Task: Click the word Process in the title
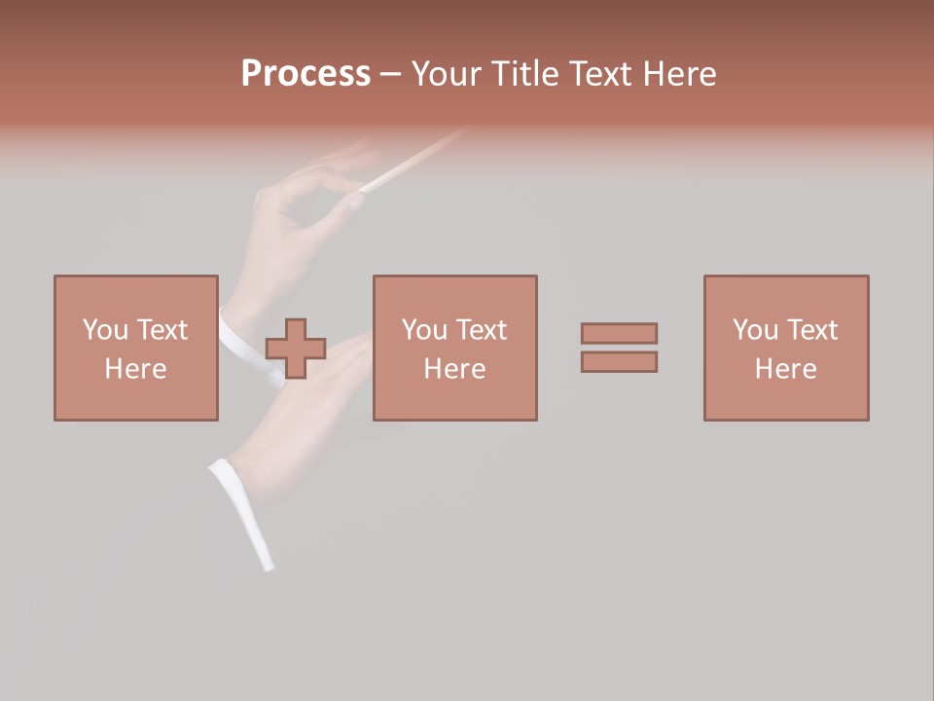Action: click(x=305, y=74)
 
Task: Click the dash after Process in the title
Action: click(x=390, y=75)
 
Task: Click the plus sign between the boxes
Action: click(x=296, y=349)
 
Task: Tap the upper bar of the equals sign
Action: click(x=619, y=333)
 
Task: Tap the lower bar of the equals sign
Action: click(x=619, y=362)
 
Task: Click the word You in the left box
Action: click(x=104, y=330)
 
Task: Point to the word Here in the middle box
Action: click(x=454, y=369)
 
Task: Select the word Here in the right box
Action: click(x=785, y=369)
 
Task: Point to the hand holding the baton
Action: click(x=302, y=200)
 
